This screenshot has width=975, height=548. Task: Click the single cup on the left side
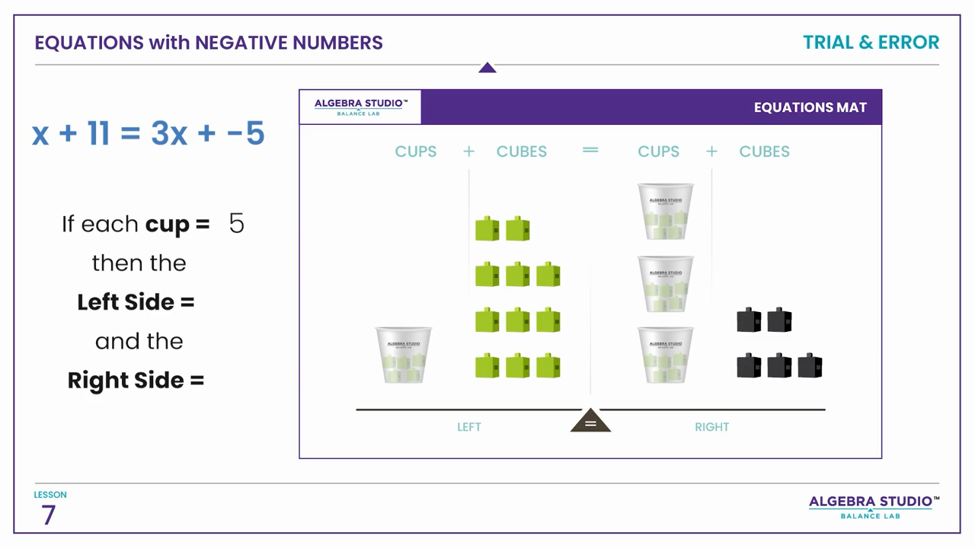click(x=403, y=355)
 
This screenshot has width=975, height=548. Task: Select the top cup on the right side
click(x=665, y=211)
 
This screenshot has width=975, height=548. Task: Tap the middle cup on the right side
click(x=665, y=284)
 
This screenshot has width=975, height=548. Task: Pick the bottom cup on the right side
click(x=665, y=355)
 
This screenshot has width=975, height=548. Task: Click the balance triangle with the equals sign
click(x=590, y=422)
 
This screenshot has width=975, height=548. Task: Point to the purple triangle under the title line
click(x=487, y=68)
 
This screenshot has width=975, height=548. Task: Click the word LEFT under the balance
click(x=469, y=427)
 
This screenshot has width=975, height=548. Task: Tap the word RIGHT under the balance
click(x=711, y=427)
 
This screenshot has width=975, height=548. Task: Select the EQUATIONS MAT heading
click(x=810, y=107)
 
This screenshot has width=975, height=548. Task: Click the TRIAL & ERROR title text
click(x=871, y=43)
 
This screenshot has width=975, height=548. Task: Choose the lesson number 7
click(x=49, y=515)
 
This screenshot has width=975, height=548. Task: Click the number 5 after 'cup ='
click(x=237, y=224)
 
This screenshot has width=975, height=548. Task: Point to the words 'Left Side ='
click(x=136, y=302)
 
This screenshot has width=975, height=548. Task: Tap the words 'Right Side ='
click(x=136, y=380)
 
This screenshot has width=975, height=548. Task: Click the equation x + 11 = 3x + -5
click(x=149, y=133)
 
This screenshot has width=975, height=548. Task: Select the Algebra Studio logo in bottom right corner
click(x=871, y=505)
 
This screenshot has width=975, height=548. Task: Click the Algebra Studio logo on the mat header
click(x=361, y=107)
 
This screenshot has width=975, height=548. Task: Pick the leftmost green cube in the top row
click(x=487, y=228)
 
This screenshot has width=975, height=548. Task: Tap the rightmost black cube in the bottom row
click(x=810, y=366)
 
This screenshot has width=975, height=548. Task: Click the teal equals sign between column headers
click(x=590, y=150)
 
